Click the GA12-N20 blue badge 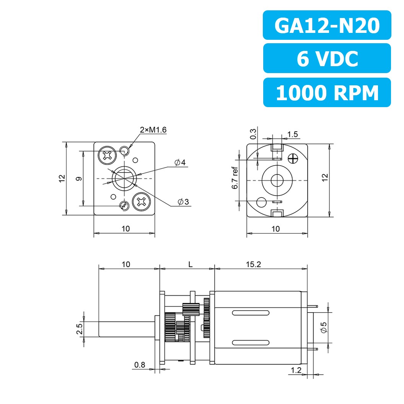pyautogui.click(x=327, y=25)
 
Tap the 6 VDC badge pyautogui.click(x=327, y=58)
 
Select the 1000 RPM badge pyautogui.click(x=327, y=93)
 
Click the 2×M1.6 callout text pyautogui.click(x=153, y=130)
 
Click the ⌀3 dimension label pyautogui.click(x=183, y=202)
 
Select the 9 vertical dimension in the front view pyautogui.click(x=78, y=178)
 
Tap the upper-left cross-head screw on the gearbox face pyautogui.click(x=107, y=155)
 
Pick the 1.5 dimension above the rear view pyautogui.click(x=292, y=134)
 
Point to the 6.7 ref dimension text pyautogui.click(x=235, y=178)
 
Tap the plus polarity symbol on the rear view pyautogui.click(x=293, y=158)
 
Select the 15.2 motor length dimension pyautogui.click(x=261, y=264)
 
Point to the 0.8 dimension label pyautogui.click(x=140, y=365)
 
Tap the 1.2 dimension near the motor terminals pyautogui.click(x=296, y=370)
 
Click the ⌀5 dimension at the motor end pyautogui.click(x=323, y=327)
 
